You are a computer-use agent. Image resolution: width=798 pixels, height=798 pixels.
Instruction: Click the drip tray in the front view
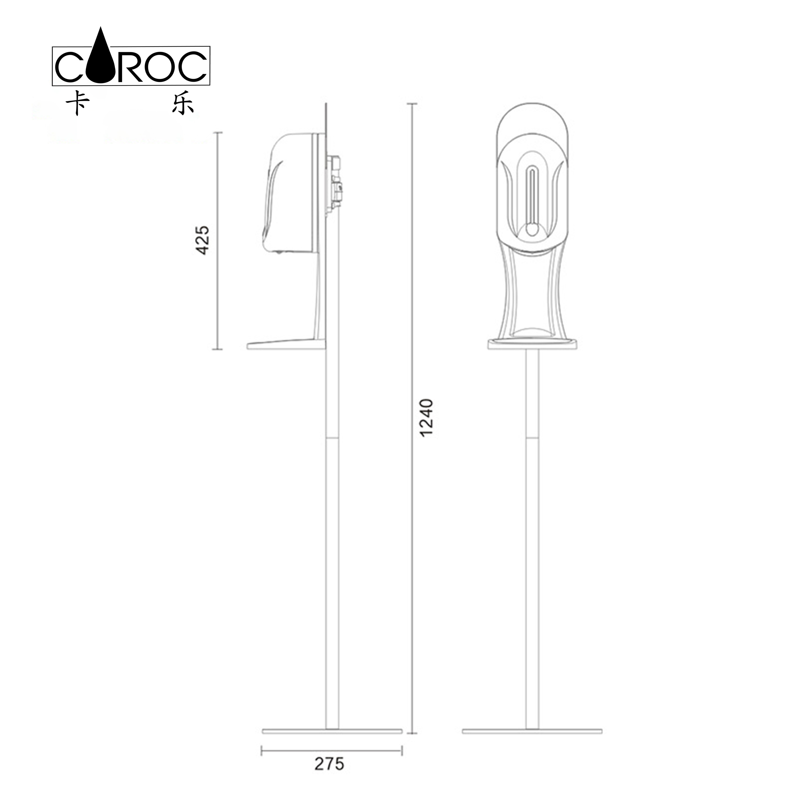(x=532, y=344)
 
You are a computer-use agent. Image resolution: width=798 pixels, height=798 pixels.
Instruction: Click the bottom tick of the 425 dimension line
(x=218, y=349)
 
